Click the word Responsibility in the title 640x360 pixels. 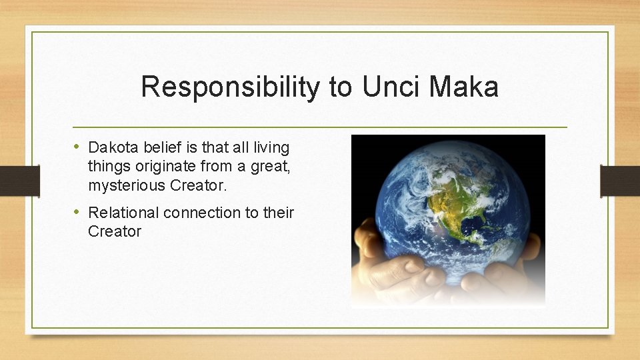coord(230,87)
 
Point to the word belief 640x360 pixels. coord(159,147)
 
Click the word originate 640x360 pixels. coord(157,166)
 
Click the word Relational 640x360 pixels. coord(123,213)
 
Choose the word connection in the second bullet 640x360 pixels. coord(209,213)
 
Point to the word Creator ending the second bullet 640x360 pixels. coord(115,232)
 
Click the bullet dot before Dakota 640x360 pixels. coord(78,147)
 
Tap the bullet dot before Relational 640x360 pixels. coord(78,212)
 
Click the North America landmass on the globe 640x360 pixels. coord(460,200)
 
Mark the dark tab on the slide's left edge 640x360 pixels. coord(18,181)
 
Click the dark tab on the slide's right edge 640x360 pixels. coord(620,181)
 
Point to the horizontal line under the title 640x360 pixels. coord(320,127)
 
